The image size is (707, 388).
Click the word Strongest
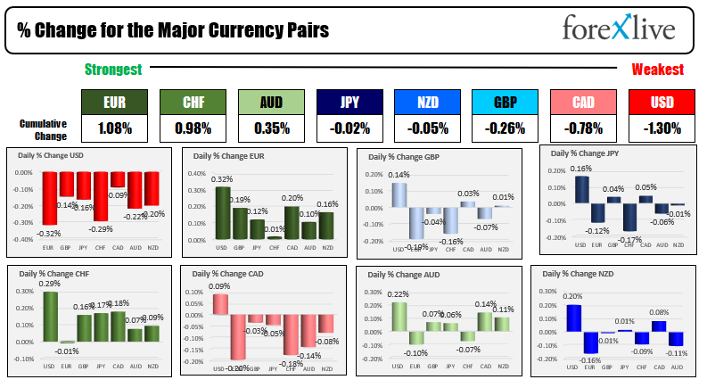pos(113,70)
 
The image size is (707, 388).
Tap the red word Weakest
pos(658,70)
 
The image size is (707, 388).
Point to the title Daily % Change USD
pos(54,154)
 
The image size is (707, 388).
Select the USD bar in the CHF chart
pos(51,317)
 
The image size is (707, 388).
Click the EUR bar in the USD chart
pos(51,198)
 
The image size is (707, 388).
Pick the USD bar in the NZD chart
pos(573,318)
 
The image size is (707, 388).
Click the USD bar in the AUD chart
pos(398,316)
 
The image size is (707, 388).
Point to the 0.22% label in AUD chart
pos(399,295)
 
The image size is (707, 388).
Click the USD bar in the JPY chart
pos(581,188)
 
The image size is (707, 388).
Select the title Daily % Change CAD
pos(228,275)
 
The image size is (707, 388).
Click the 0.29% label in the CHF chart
pos(51,284)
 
